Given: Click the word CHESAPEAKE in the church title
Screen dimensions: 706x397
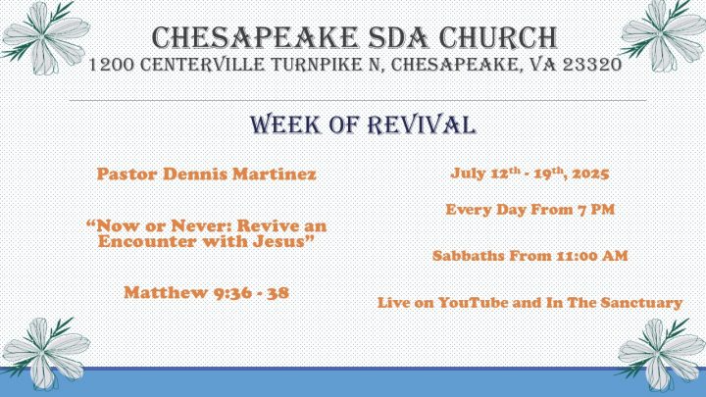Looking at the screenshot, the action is (255, 37).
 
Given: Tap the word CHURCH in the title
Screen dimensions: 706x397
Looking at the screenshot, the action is (498, 37).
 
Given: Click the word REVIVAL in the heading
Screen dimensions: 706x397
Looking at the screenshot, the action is (422, 124).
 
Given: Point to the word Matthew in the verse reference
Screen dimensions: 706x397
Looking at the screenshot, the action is (166, 292).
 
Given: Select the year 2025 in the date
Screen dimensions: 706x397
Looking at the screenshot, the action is (590, 174).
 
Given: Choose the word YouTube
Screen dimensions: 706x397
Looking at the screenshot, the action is (474, 303).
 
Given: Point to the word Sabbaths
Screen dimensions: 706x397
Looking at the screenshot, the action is (469, 256).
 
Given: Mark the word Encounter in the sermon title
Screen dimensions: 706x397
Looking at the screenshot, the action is (148, 241).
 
